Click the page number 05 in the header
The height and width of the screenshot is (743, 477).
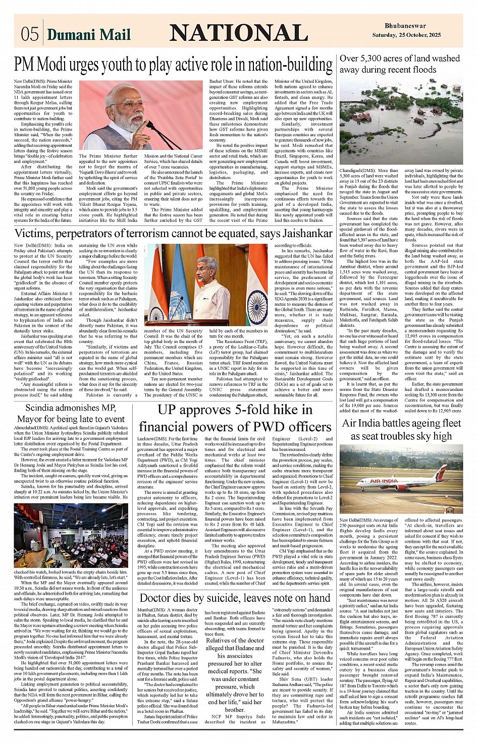(30, 34)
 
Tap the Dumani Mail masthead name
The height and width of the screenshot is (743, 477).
(88, 34)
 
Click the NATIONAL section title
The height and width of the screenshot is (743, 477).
(238, 33)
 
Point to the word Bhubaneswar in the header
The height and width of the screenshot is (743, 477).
(405, 26)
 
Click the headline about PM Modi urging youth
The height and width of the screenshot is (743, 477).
(173, 65)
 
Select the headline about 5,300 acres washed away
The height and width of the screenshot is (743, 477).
(399, 64)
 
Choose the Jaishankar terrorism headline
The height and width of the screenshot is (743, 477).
(173, 234)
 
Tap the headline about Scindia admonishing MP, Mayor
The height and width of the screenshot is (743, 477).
(71, 413)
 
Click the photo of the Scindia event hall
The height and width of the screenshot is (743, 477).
(71, 536)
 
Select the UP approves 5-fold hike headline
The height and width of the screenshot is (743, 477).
(235, 418)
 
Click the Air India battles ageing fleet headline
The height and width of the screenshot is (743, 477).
(401, 429)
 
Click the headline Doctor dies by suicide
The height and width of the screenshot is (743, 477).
(235, 598)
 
